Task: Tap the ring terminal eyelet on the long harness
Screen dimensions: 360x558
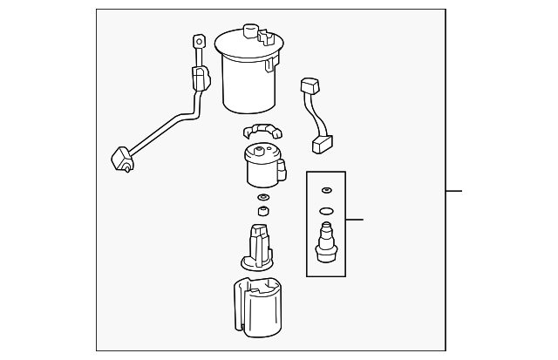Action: click(200, 41)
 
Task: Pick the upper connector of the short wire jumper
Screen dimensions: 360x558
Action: click(310, 86)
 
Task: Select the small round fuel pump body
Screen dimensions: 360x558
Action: click(261, 166)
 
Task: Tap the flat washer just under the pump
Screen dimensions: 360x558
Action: click(262, 200)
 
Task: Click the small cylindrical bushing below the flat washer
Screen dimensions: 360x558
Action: click(262, 213)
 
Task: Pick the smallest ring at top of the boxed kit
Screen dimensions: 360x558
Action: click(326, 190)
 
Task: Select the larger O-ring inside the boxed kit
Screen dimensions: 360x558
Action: click(326, 210)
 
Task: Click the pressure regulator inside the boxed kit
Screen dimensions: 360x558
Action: click(326, 242)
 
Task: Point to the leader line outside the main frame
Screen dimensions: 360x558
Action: click(453, 191)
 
